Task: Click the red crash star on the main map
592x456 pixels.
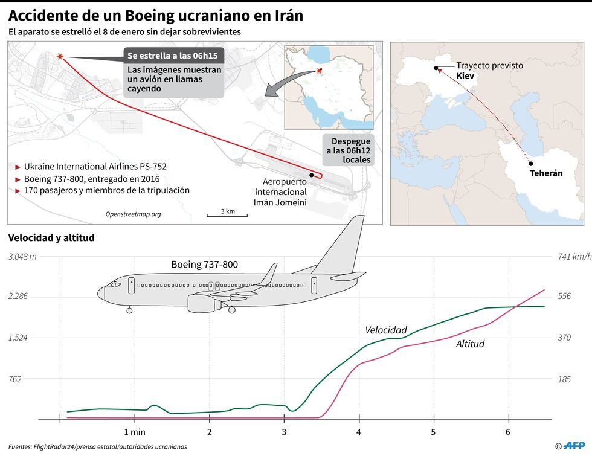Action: click(x=60, y=56)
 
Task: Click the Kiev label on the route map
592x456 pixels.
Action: click(x=465, y=76)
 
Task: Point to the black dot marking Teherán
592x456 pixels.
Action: click(x=530, y=163)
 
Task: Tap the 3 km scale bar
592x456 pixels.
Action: click(x=227, y=214)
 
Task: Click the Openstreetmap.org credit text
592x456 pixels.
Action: click(x=133, y=214)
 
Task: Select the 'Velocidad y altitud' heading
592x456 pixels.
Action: click(x=51, y=238)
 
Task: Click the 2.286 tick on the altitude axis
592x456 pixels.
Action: click(x=22, y=296)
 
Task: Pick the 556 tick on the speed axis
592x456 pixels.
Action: click(x=564, y=296)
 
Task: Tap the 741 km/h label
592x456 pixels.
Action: click(x=573, y=257)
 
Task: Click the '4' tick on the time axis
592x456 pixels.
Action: click(x=359, y=432)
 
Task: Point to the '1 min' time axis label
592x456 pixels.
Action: click(x=134, y=432)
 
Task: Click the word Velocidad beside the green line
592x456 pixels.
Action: click(x=386, y=330)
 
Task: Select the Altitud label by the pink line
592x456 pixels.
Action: click(x=470, y=344)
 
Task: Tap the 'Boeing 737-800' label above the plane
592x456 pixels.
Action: click(x=204, y=264)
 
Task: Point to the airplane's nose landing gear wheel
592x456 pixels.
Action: click(x=130, y=310)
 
